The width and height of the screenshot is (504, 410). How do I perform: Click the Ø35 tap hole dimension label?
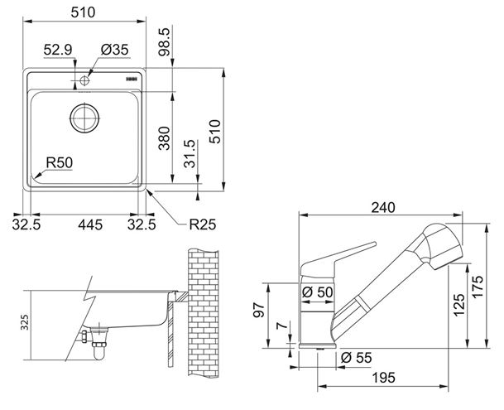pyautogui.click(x=114, y=50)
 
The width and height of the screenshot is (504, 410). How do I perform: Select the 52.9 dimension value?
pyautogui.click(x=58, y=50)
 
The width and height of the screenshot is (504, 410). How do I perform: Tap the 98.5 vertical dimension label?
pyautogui.click(x=164, y=42)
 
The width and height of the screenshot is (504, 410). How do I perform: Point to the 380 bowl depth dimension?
pyautogui.click(x=164, y=138)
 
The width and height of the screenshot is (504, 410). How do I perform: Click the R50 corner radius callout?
pyautogui.click(x=60, y=162)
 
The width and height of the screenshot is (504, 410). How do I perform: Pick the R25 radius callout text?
pyautogui.click(x=203, y=224)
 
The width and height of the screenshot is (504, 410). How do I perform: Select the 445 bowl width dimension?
pyautogui.click(x=90, y=224)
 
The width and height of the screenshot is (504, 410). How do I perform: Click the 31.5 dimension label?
pyautogui.click(x=190, y=153)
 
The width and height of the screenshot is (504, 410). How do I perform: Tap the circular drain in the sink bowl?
pyautogui.click(x=84, y=118)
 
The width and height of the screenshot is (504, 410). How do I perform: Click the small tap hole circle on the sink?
pyautogui.click(x=84, y=80)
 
